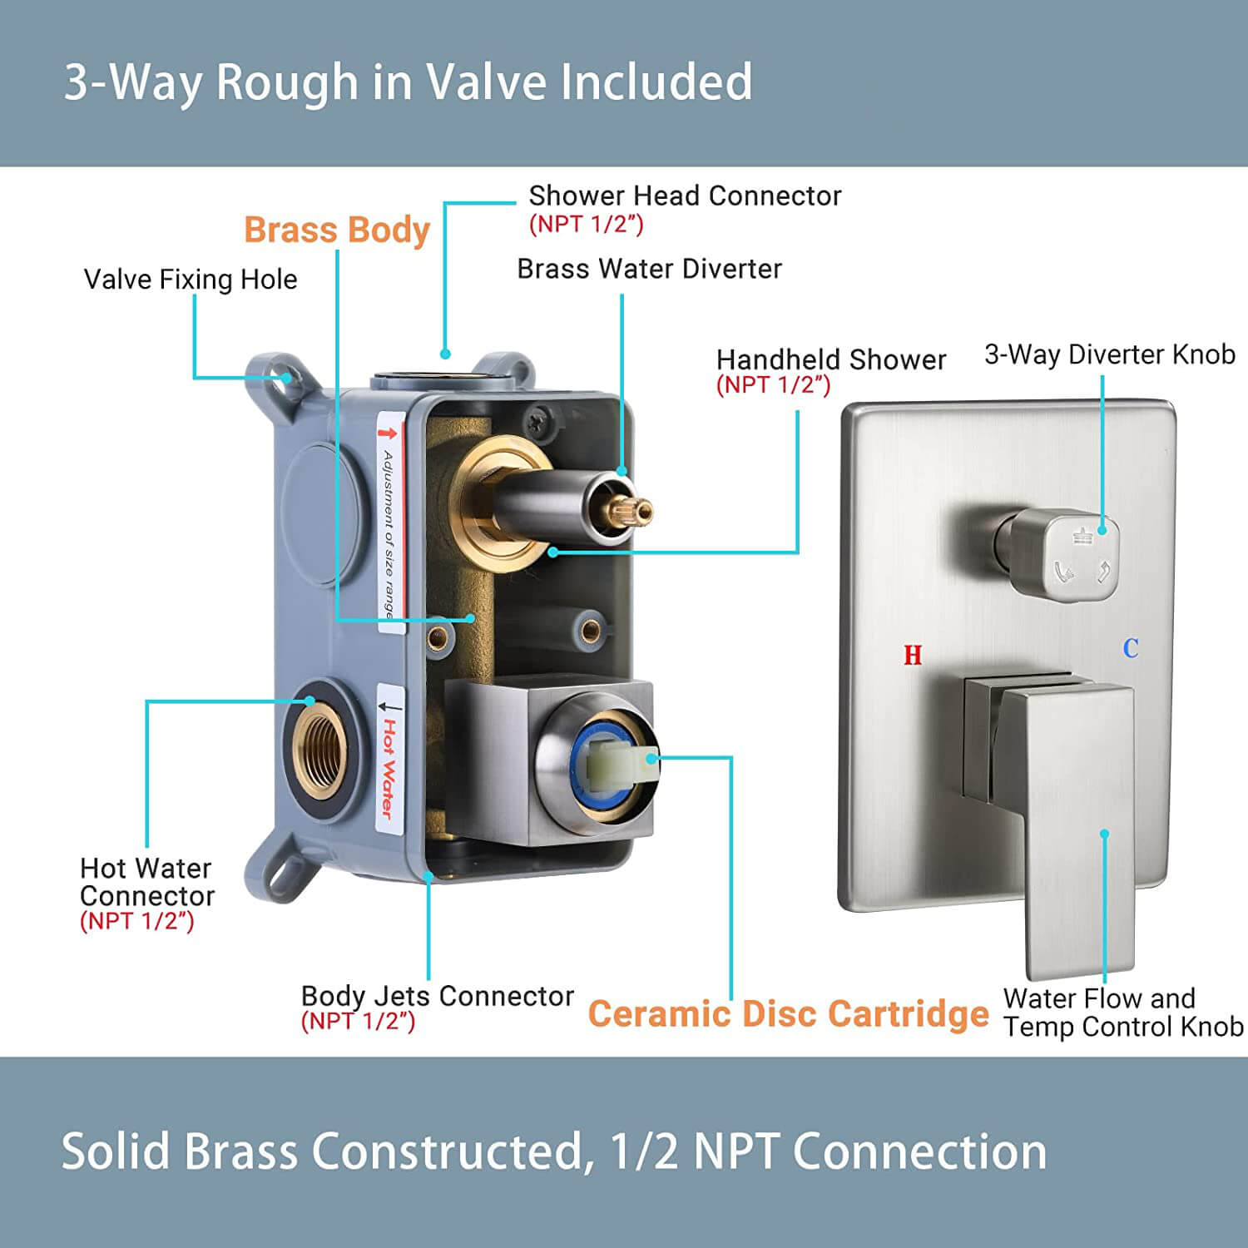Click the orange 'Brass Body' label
(337, 230)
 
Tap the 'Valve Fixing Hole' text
(191, 280)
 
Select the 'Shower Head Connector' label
(686, 196)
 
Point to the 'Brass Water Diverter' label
(649, 269)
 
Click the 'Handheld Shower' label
(831, 359)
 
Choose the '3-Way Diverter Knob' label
(1110, 354)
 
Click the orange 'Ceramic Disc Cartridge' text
(789, 1014)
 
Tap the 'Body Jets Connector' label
(438, 996)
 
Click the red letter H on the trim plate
(913, 656)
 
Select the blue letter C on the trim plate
(1131, 648)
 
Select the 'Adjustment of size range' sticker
(389, 525)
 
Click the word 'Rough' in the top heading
(287, 82)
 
